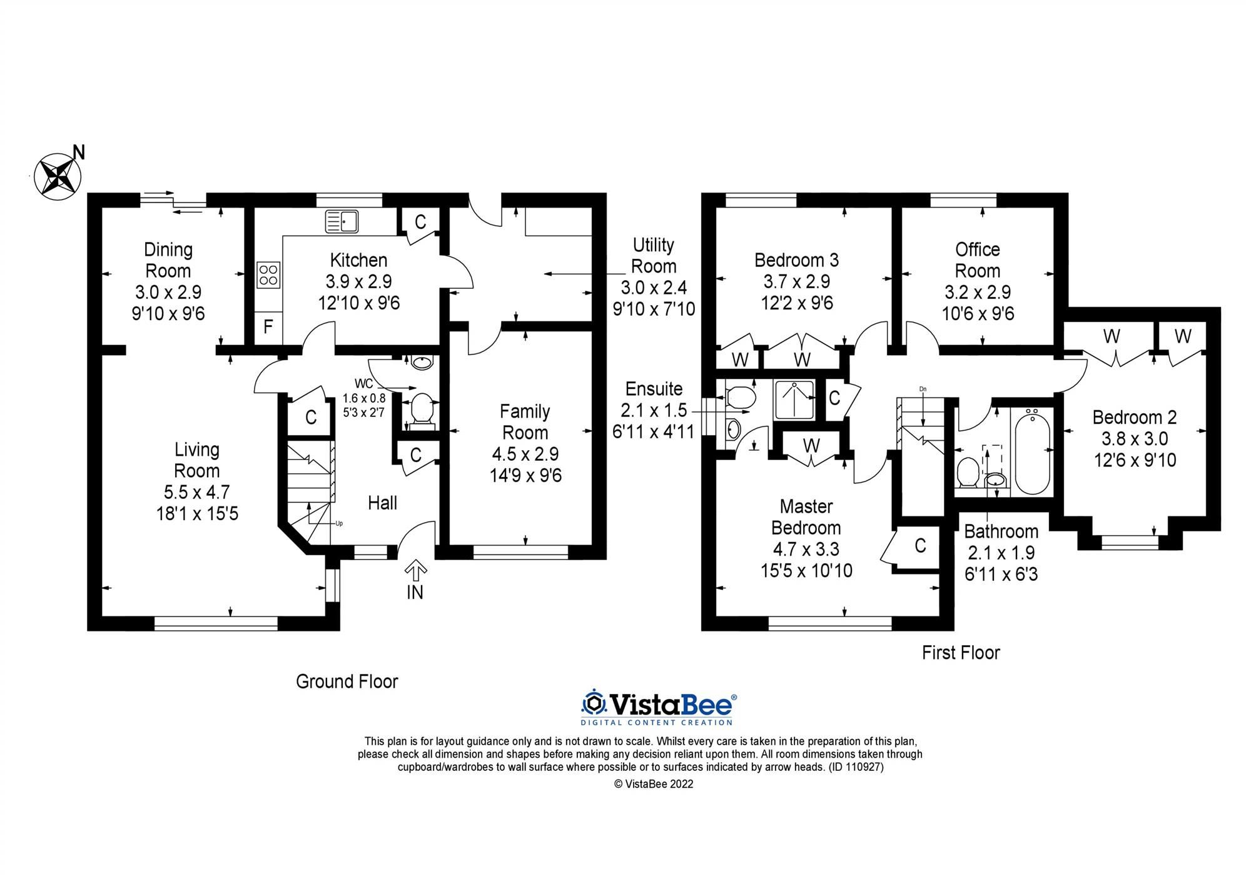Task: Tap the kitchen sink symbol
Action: [342, 221]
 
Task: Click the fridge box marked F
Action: [268, 326]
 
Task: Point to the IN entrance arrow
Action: [416, 571]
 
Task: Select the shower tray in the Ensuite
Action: [794, 399]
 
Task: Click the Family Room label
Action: [525, 422]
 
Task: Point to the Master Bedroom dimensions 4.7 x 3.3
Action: [806, 549]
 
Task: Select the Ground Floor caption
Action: [347, 681]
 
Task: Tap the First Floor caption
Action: [961, 653]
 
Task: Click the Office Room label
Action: [977, 260]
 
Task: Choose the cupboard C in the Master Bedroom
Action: [919, 546]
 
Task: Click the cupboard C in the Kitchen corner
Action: [420, 221]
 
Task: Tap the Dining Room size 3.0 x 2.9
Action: [168, 292]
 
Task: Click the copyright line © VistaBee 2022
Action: [654, 784]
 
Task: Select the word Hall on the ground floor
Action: [382, 503]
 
